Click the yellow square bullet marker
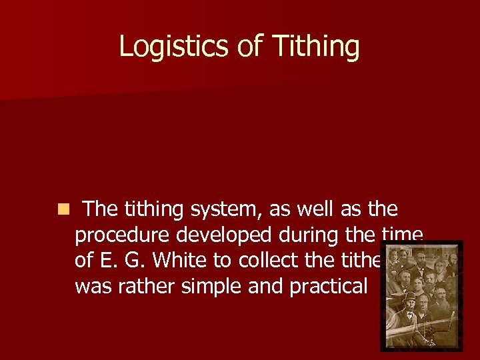point(62,210)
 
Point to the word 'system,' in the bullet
point(226,210)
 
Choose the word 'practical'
point(329,286)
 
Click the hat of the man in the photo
point(409,297)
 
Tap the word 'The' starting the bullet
point(101,210)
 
